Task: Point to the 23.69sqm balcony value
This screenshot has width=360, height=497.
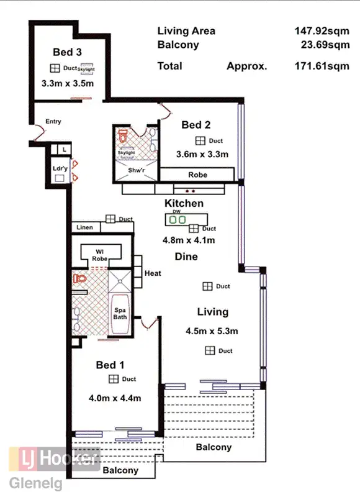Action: [x=324, y=45]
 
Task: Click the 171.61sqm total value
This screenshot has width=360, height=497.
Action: [x=322, y=66]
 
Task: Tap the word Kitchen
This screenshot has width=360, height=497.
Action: [x=184, y=204]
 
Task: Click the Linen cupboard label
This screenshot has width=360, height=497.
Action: [x=85, y=228]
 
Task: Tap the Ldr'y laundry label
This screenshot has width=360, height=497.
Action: [x=60, y=168]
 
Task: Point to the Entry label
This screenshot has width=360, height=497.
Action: [x=53, y=122]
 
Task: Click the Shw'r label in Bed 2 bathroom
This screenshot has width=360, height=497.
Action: [x=135, y=170]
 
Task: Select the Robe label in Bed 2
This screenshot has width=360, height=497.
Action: [x=198, y=175]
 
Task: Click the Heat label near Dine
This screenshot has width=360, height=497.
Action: [x=153, y=273]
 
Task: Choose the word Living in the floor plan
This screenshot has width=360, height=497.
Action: [x=213, y=312]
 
